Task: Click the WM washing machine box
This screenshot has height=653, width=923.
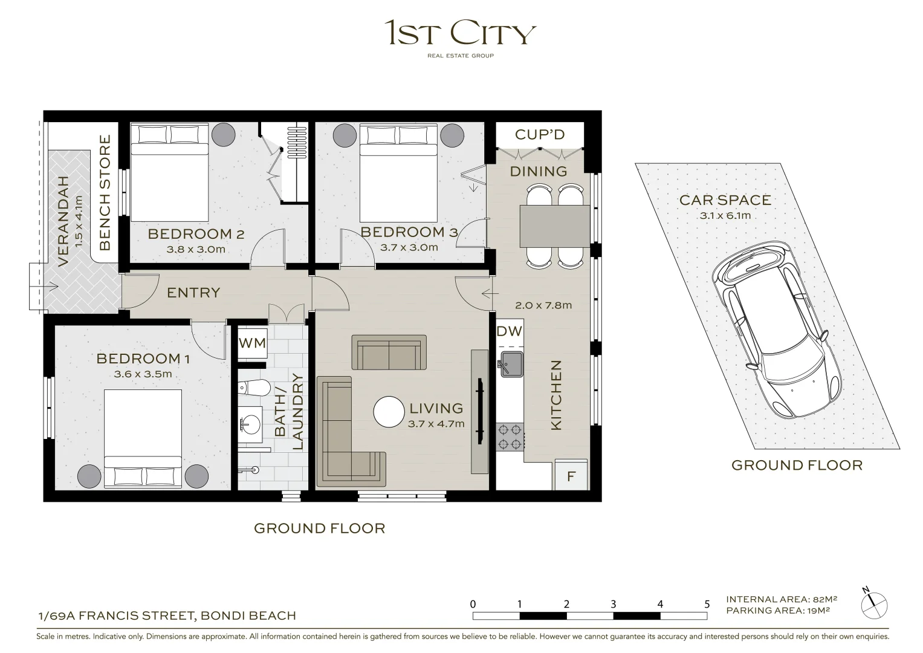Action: tap(252, 343)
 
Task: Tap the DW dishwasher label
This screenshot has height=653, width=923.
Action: tap(510, 331)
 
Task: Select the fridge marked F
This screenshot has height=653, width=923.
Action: tap(571, 475)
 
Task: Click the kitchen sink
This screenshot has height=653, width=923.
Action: tap(511, 364)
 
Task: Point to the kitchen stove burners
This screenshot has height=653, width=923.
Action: tap(510, 437)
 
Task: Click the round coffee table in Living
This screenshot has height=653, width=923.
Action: tap(389, 411)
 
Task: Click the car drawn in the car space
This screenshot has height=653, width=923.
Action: tap(776, 329)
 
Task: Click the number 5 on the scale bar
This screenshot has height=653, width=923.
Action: tap(707, 605)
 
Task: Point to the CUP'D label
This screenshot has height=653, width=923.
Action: tap(539, 134)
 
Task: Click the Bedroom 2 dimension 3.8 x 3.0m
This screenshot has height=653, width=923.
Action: tap(196, 249)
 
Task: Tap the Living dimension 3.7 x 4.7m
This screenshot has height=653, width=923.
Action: tap(436, 424)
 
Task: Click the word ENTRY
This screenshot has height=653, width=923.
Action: tap(193, 293)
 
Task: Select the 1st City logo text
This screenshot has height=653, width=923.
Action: tap(460, 33)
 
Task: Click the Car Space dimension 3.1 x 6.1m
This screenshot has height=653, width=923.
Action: tap(725, 216)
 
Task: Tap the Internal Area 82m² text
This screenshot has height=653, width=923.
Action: tap(782, 599)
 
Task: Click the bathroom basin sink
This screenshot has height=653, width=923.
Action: tap(250, 424)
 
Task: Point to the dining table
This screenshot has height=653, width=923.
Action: tap(555, 226)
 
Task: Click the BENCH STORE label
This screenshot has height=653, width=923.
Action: tap(105, 192)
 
